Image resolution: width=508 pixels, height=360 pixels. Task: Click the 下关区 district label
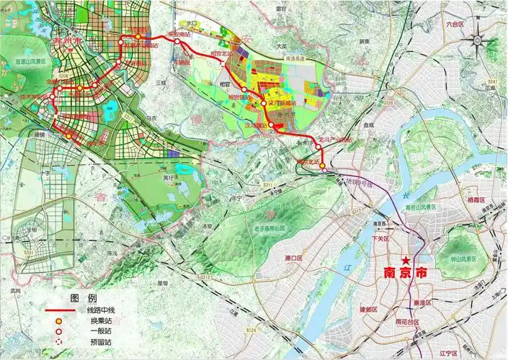point(380,238)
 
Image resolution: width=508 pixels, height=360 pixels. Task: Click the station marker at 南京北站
point(323,166)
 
